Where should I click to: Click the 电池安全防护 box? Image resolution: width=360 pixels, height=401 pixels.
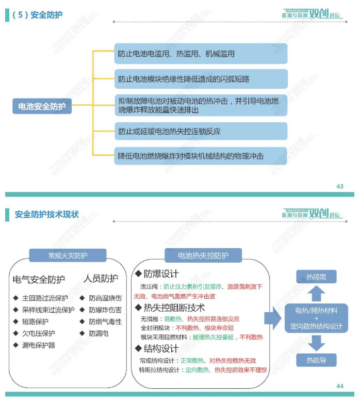pos(42,107)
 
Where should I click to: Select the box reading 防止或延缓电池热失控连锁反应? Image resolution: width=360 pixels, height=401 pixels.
pos(201,131)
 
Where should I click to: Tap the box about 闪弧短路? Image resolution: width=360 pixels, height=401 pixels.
pos(201,79)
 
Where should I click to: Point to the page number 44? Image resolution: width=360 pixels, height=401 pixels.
pos(339,386)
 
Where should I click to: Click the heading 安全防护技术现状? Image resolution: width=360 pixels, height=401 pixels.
pos(47,214)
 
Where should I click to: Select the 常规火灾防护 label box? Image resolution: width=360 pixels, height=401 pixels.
pos(68,255)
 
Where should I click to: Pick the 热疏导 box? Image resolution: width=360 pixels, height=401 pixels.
pos(316,360)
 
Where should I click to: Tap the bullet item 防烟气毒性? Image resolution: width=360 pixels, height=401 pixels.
pos(105,322)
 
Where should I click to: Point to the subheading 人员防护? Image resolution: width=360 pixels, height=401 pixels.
pos(101,279)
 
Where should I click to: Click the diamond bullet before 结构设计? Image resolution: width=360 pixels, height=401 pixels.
pos(138,349)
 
